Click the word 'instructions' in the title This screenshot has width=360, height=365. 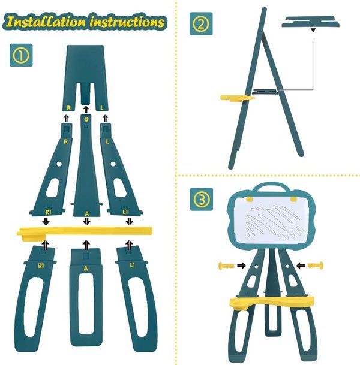point(127,22)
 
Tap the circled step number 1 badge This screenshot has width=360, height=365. point(21,55)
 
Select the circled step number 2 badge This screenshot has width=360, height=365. point(201,24)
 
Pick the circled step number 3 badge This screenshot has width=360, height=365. point(202,199)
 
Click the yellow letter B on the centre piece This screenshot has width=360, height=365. point(86,119)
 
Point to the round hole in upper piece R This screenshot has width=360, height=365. point(59,164)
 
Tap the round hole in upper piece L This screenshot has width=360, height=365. point(113,164)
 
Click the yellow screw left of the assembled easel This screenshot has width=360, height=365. point(226,265)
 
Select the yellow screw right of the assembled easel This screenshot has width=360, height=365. point(316,265)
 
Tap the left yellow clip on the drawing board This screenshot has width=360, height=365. point(250,199)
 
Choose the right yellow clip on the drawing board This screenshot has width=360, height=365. point(293,199)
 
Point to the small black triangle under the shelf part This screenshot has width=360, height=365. point(313,30)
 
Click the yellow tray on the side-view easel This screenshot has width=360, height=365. point(237,98)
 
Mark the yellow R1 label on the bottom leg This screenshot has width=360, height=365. point(41,266)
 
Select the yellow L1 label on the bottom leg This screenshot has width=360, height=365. point(132,265)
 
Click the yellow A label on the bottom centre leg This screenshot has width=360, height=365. point(86,269)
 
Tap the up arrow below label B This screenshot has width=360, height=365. point(86,110)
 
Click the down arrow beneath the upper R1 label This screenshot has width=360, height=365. point(46,221)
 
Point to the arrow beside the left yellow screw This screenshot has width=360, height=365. point(241,266)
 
